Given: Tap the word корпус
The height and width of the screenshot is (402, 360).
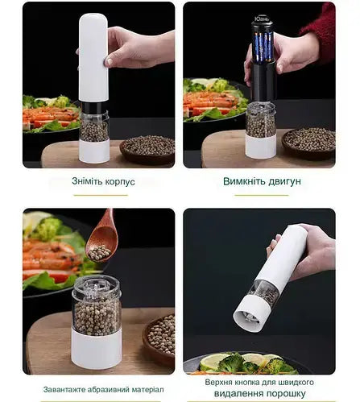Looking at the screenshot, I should click(115, 181).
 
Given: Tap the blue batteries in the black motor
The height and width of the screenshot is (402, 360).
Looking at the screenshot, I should click(263, 48).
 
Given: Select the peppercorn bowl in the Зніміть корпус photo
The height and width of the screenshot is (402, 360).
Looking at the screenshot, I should click(148, 147).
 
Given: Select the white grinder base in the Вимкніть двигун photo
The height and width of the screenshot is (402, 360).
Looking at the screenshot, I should click(260, 145).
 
